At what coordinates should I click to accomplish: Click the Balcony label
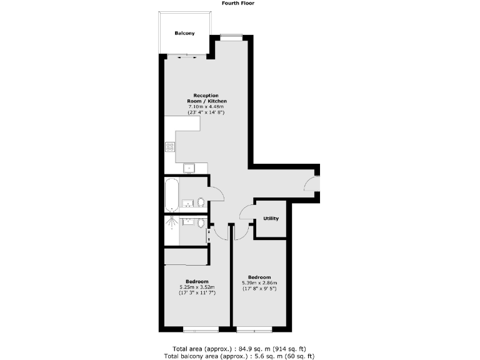click(x=184, y=33)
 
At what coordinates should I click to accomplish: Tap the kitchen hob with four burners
click(x=169, y=147)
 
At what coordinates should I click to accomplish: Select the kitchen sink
click(x=188, y=168)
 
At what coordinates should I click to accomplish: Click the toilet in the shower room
click(x=201, y=223)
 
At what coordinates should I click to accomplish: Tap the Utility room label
click(x=271, y=218)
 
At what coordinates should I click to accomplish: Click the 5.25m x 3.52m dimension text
click(x=197, y=287)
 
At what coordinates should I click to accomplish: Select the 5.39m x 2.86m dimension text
click(x=259, y=282)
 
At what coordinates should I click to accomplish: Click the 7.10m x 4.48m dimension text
click(x=207, y=107)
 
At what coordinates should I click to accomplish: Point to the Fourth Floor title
click(x=238, y=3)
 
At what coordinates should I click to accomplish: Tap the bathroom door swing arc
click(x=216, y=194)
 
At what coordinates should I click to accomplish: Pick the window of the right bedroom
click(x=254, y=329)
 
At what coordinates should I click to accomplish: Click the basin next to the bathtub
click(x=187, y=202)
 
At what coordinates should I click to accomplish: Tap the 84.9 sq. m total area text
click(x=239, y=348)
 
